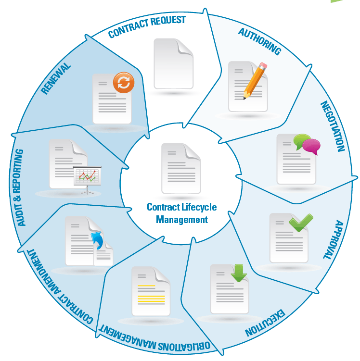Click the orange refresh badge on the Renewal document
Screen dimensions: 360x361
(x=124, y=82)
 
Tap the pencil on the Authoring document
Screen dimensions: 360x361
(x=255, y=81)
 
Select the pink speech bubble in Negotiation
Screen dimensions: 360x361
(x=311, y=146)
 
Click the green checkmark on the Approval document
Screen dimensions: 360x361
(x=301, y=223)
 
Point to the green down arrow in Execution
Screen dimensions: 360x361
(x=239, y=273)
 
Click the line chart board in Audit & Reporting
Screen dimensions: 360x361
(x=87, y=177)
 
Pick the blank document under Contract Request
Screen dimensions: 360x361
(x=173, y=63)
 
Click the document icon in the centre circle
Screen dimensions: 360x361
(x=181, y=168)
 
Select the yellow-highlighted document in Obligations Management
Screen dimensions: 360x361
(x=151, y=291)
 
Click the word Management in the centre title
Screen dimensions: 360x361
(x=182, y=220)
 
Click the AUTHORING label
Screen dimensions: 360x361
(x=260, y=41)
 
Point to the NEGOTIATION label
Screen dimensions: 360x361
(x=333, y=126)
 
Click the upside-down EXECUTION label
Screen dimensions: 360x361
(x=265, y=323)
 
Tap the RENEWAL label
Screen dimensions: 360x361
(x=56, y=78)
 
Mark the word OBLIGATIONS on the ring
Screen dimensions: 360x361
(x=184, y=345)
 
